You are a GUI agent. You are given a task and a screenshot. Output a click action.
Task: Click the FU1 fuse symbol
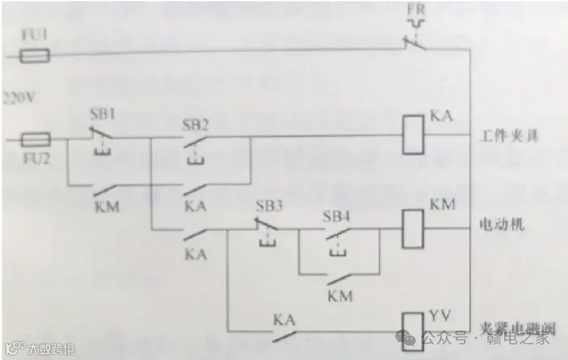coord(36,58)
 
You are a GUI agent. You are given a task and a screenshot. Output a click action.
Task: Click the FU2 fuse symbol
coord(36,139)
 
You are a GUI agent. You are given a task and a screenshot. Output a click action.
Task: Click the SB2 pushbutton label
coord(196,125)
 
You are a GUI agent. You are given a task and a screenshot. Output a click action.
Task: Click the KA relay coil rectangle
coord(411,135)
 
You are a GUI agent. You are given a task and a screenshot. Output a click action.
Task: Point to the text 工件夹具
coord(510,137)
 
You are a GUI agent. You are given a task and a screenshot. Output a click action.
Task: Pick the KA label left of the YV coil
coord(284,320)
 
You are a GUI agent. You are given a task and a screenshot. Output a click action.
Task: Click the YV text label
coord(438,316)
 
